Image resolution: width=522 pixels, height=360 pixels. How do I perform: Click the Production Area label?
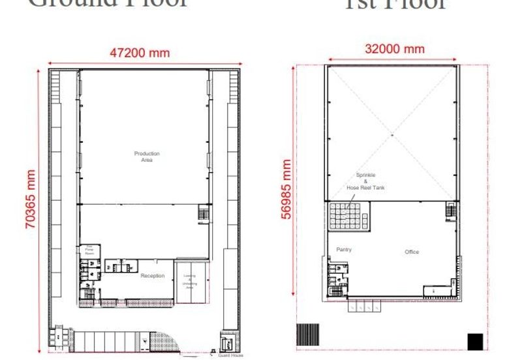click(147, 157)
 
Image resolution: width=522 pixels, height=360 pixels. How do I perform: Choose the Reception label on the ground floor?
click(153, 276)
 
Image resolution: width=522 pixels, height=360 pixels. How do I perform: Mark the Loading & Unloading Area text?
click(190, 280)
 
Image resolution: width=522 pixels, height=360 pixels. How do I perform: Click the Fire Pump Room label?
click(88, 250)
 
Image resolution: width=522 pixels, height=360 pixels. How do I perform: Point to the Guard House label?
click(228, 354)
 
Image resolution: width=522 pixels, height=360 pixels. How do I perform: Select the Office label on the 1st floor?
click(411, 252)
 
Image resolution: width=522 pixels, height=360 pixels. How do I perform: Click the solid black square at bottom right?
click(475, 341)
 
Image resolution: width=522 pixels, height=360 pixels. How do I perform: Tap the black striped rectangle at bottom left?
click(307, 335)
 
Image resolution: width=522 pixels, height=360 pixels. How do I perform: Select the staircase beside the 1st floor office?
click(451, 211)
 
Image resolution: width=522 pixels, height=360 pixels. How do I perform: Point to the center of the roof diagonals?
click(392, 134)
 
